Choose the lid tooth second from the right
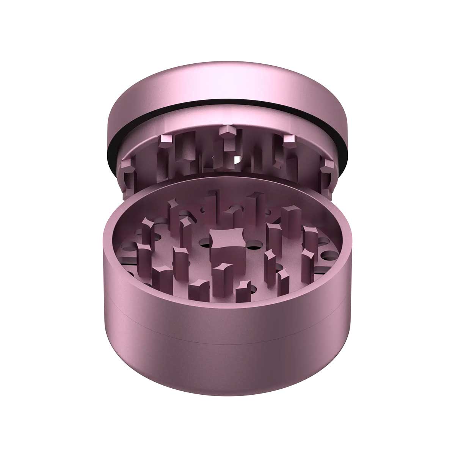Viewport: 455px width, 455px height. pos(290,141)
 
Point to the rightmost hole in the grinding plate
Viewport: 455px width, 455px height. pos(325,243)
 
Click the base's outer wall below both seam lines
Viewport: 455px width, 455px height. pos(227,364)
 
